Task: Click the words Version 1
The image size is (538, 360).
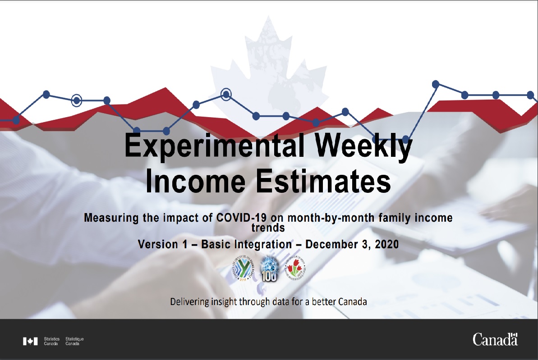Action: click(164, 245)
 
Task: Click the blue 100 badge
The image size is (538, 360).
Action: click(269, 269)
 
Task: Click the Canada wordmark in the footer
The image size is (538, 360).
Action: click(495, 339)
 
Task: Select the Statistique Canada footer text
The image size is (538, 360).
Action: click(74, 341)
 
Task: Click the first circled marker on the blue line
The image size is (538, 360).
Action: click(77, 100)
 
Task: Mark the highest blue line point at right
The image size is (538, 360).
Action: click(436, 84)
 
